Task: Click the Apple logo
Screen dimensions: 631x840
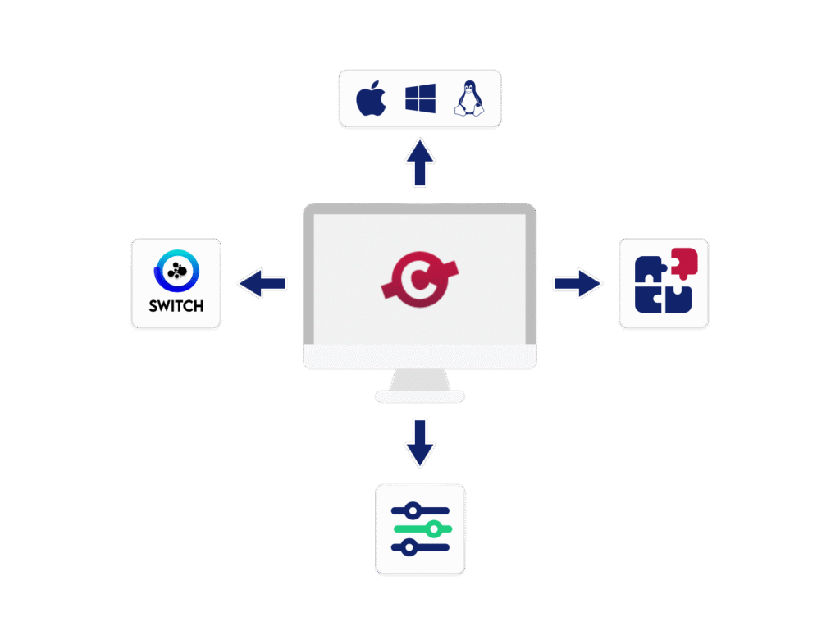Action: pyautogui.click(x=371, y=98)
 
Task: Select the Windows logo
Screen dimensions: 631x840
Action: pyautogui.click(x=420, y=98)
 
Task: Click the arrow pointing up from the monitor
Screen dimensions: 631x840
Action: pyautogui.click(x=420, y=162)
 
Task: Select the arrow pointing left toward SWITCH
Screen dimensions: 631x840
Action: pyautogui.click(x=262, y=283)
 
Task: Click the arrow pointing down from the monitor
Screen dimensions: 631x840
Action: pyautogui.click(x=420, y=443)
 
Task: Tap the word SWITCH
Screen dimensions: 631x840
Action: pyautogui.click(x=176, y=307)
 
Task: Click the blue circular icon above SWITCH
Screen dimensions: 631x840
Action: pyautogui.click(x=176, y=270)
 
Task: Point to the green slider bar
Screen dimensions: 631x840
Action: pyautogui.click(x=421, y=529)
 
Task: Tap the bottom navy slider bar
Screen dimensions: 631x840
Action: pyautogui.click(x=421, y=546)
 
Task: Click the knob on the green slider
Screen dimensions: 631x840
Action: pyautogui.click(x=433, y=529)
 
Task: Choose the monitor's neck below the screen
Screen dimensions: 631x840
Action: pyautogui.click(x=420, y=379)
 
